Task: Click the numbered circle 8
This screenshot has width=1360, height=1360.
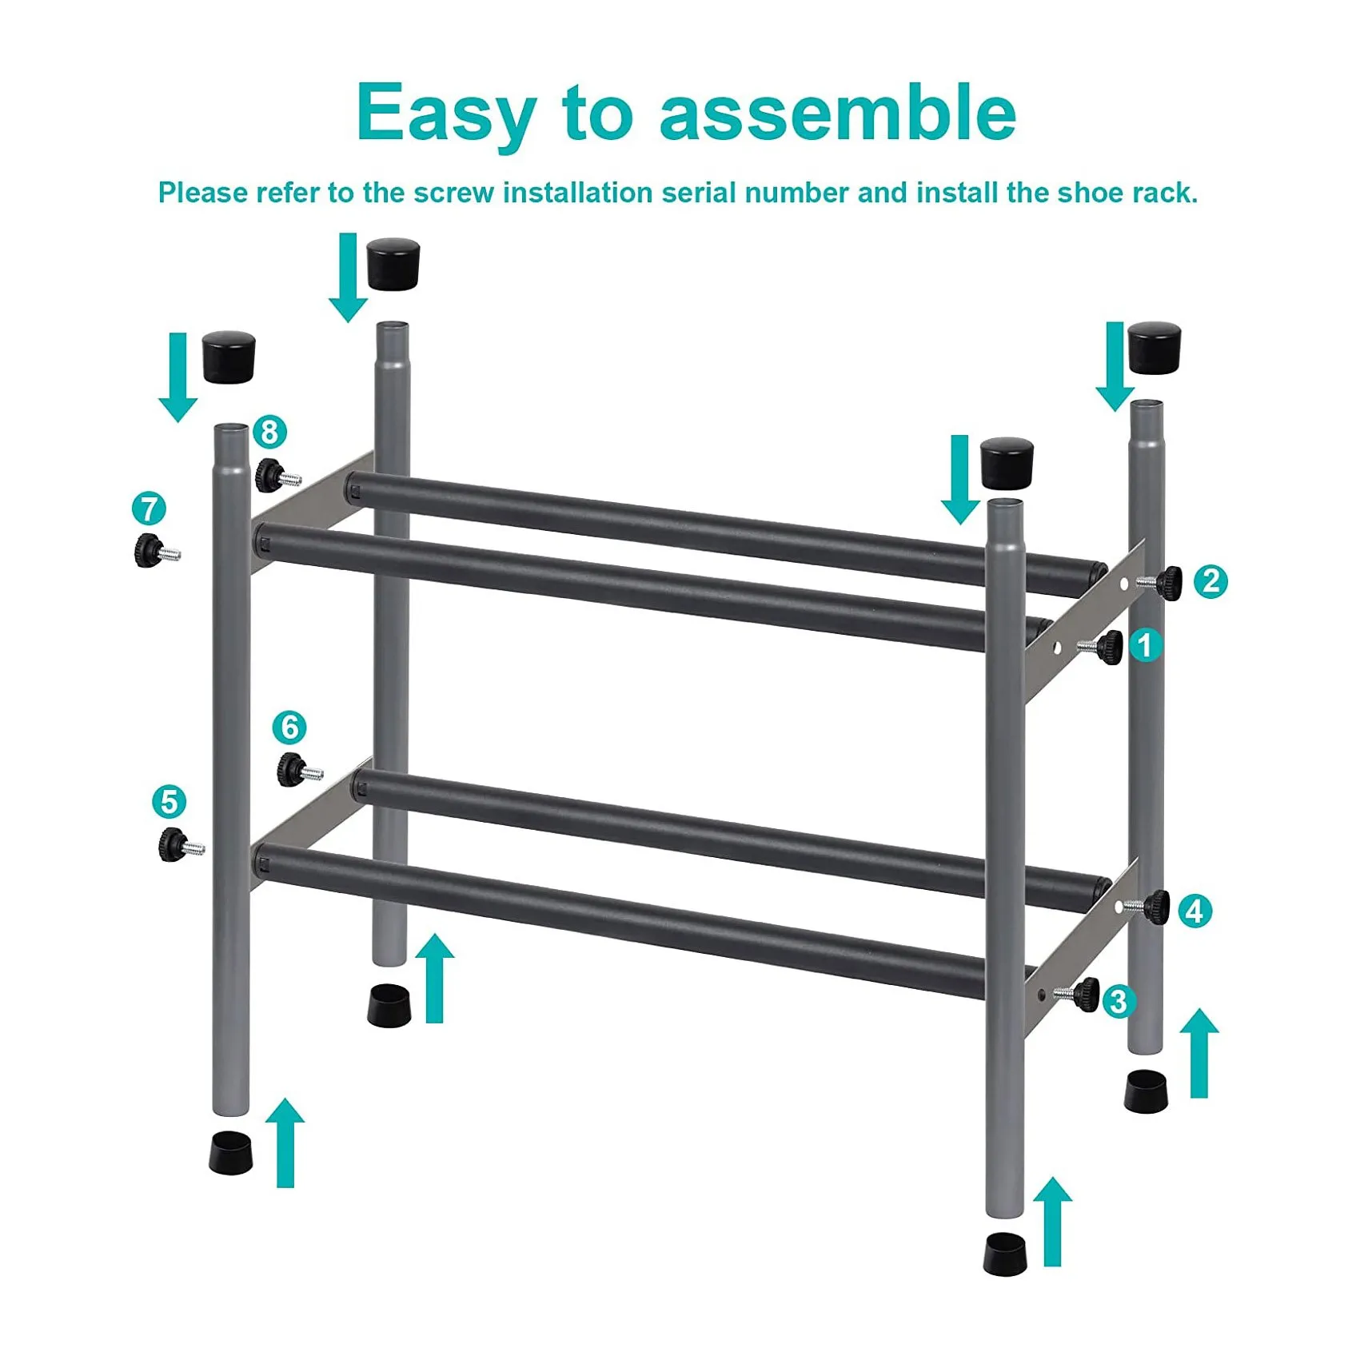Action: click(x=269, y=432)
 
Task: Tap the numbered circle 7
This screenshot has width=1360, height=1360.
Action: click(x=149, y=509)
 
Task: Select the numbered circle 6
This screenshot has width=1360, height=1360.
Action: click(x=289, y=728)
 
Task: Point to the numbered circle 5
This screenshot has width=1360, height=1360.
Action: click(x=169, y=802)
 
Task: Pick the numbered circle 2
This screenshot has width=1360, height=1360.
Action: click(x=1210, y=581)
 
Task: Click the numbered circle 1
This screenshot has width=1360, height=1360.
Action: click(x=1145, y=645)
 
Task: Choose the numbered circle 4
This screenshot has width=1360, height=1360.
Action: click(x=1194, y=911)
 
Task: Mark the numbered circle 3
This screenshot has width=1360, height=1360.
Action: click(x=1119, y=1001)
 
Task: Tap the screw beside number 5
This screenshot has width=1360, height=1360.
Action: click(x=181, y=845)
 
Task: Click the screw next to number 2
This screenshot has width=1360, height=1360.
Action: click(x=1159, y=582)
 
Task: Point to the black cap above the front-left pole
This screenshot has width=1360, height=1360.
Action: click(x=229, y=357)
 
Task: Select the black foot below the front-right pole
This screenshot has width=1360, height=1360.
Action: click(x=1005, y=1253)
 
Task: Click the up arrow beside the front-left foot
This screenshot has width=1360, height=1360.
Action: click(x=285, y=1143)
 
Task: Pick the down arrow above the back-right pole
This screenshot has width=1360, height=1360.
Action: click(x=1115, y=366)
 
